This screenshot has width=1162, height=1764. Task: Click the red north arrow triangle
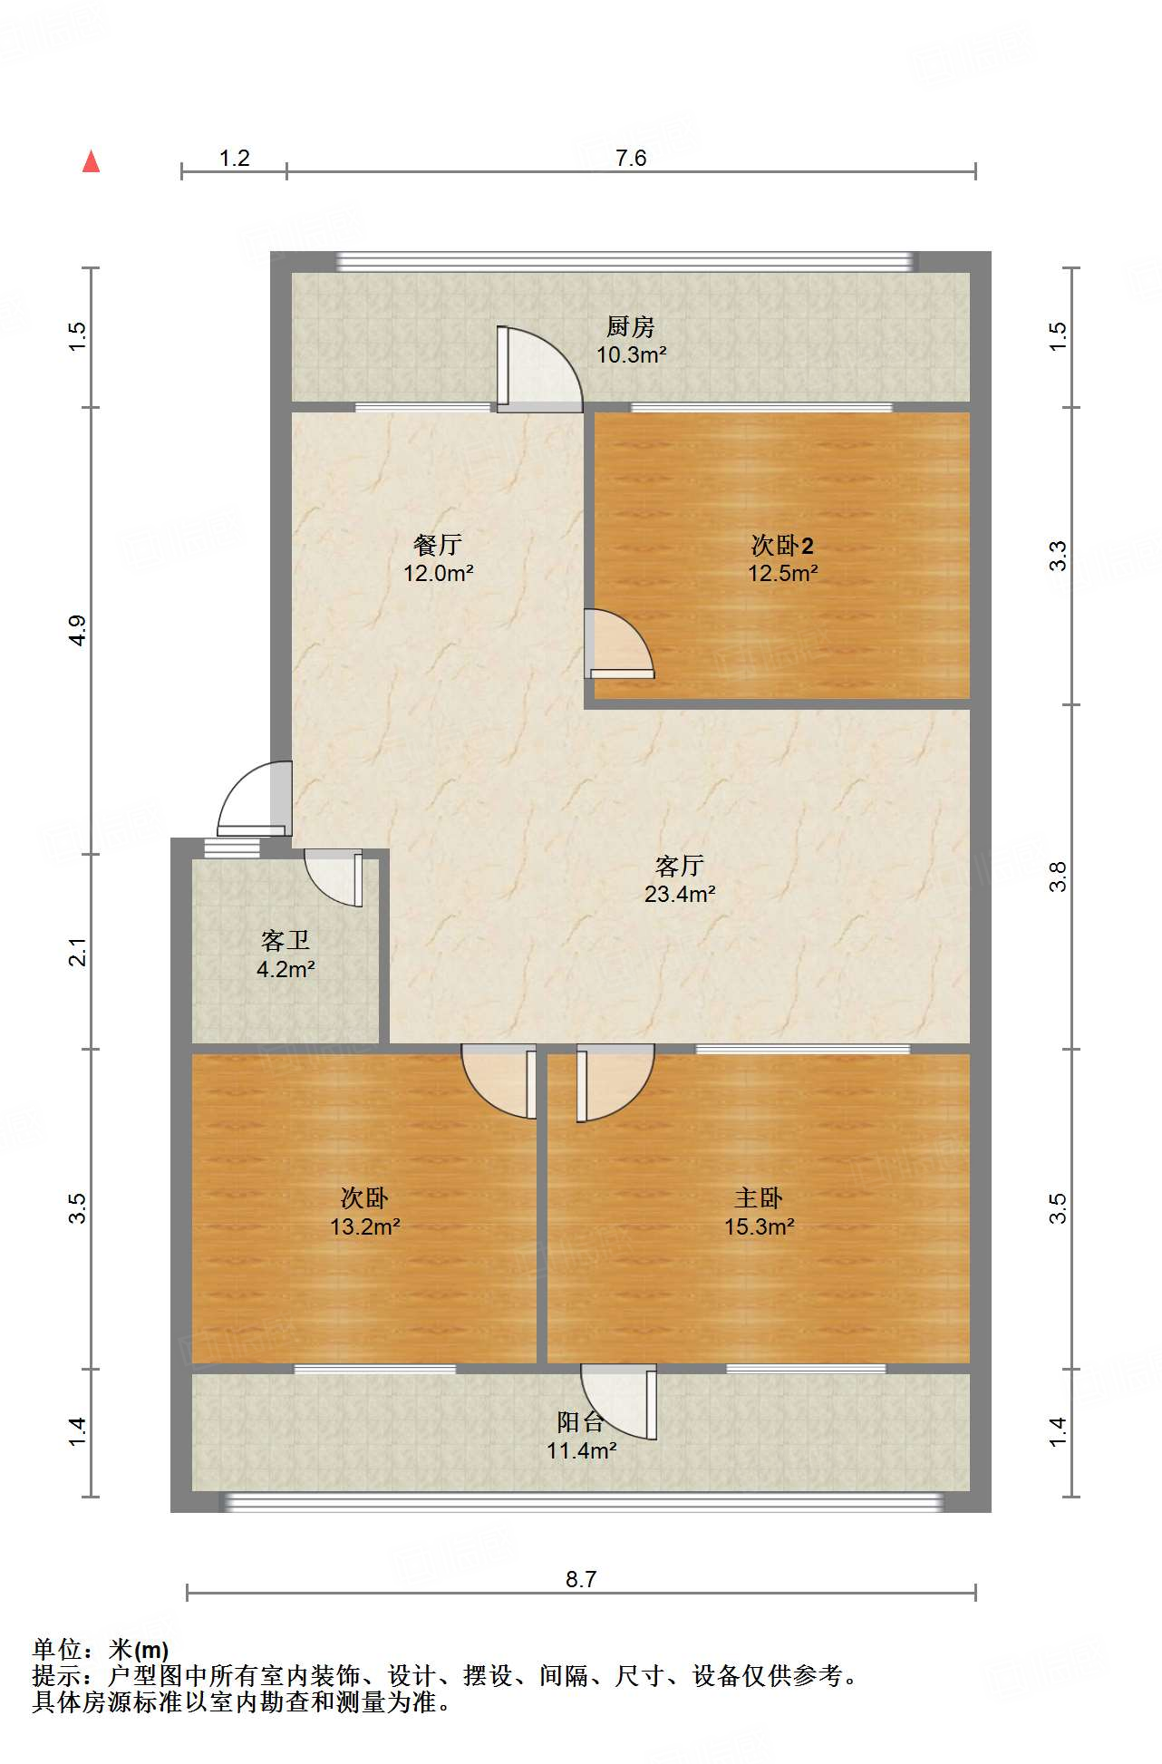(x=91, y=162)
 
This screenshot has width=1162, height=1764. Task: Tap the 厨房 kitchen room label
(x=630, y=326)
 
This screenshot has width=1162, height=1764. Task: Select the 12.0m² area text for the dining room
(x=439, y=574)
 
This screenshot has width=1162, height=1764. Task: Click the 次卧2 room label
(x=782, y=545)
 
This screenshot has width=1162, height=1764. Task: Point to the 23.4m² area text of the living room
(x=680, y=895)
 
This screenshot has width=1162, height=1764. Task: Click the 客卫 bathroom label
(x=286, y=941)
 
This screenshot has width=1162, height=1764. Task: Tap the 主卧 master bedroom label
(x=759, y=1198)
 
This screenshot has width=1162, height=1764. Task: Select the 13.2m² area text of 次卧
(x=365, y=1227)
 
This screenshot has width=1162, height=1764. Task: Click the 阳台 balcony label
(x=581, y=1421)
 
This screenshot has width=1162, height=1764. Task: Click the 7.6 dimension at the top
(x=631, y=159)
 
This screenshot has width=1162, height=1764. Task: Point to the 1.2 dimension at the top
(x=234, y=159)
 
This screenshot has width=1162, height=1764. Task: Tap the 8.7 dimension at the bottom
(x=581, y=1579)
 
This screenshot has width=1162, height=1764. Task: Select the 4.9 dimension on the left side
(x=78, y=630)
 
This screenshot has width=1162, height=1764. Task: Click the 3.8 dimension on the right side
(x=1058, y=877)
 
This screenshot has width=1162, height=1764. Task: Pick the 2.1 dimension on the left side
(x=78, y=952)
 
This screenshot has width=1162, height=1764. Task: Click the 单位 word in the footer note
(x=57, y=1650)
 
